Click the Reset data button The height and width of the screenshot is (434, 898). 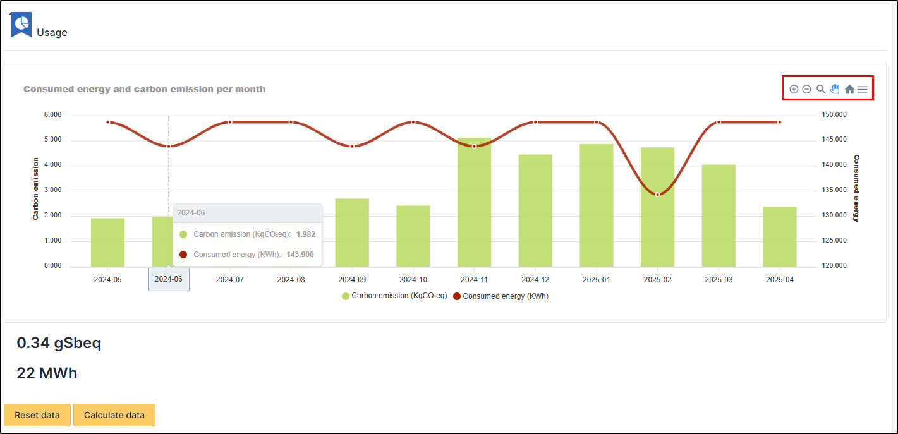pos(37,415)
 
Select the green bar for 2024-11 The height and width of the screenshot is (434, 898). pos(474,202)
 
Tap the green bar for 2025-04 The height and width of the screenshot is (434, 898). pos(779,236)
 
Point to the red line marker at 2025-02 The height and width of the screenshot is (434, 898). pos(657,195)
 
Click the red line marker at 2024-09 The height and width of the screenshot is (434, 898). pos(352,146)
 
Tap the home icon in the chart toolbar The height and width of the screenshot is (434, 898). pos(849,90)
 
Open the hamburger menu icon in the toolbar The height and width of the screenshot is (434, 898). pos(862,90)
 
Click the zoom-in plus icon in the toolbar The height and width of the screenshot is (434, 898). pos(794,90)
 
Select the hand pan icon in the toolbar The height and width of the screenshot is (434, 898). pos(835,89)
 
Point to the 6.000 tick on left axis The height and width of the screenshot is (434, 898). pos(52,115)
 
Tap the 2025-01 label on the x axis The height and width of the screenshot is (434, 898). pos(596,279)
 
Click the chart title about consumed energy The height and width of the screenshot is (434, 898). pos(144,89)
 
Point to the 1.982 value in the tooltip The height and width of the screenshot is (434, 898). pos(305,234)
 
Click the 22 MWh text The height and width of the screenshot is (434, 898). pos(47,373)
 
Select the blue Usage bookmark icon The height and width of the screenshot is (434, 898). pos(21,25)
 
